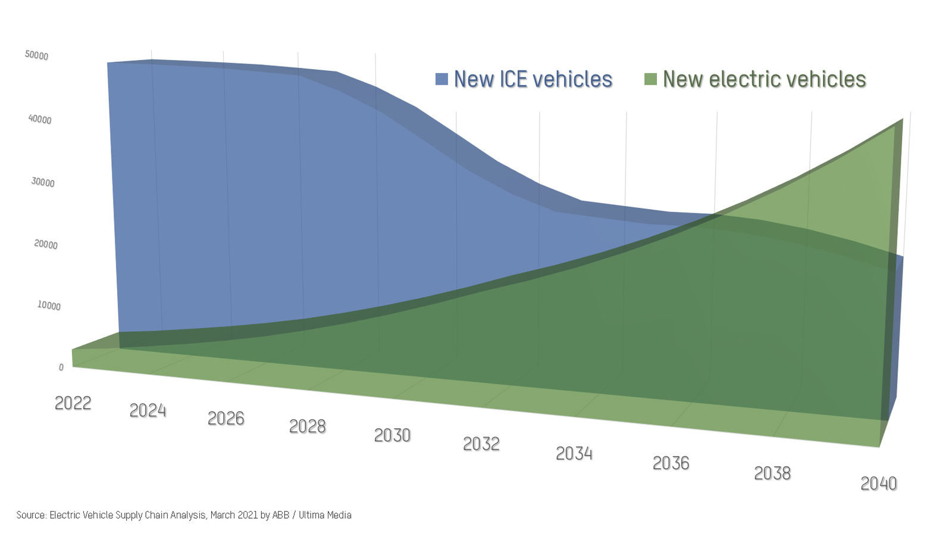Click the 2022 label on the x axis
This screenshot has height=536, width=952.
[x=73, y=403]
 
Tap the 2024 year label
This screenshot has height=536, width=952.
[x=148, y=410]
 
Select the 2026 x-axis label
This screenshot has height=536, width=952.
[x=226, y=418]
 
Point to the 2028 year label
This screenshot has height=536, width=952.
[x=307, y=426]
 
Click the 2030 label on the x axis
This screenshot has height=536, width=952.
[x=392, y=435]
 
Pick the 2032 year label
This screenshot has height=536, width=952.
[x=481, y=444]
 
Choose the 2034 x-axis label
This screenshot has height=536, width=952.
[x=574, y=453]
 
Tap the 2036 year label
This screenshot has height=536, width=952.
[x=671, y=463]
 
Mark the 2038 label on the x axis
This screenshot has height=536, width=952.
[x=772, y=473]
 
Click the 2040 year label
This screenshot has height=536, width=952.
[x=878, y=483]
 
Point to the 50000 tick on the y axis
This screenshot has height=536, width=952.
[x=36, y=55]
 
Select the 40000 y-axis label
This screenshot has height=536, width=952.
[x=40, y=119]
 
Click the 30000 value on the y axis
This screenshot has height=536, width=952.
[x=43, y=182]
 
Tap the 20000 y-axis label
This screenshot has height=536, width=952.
[x=46, y=244]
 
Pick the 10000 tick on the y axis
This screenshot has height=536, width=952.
[x=49, y=306]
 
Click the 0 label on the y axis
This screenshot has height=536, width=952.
[x=61, y=367]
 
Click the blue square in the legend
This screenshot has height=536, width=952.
[x=441, y=79]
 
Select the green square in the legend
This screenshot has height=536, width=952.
[x=650, y=79]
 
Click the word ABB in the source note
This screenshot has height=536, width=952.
[x=281, y=515]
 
